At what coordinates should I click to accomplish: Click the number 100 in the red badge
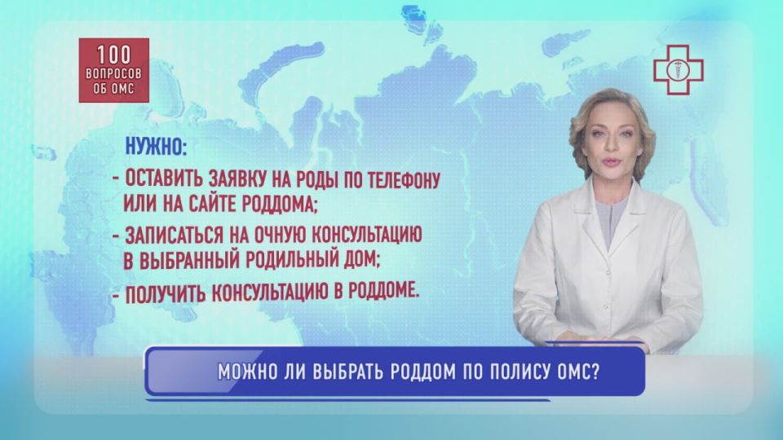(x=113, y=55)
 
